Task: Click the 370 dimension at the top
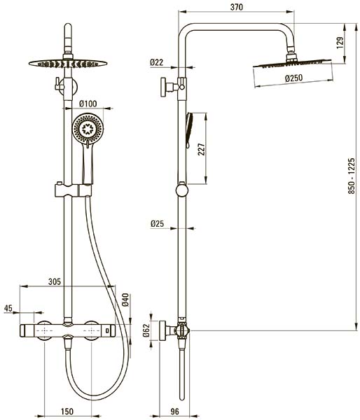(237, 7)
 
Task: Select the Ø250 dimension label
(293, 78)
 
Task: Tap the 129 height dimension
(340, 43)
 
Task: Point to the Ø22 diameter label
(157, 62)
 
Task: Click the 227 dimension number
(201, 150)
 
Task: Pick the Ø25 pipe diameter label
(157, 224)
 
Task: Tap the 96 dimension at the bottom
(174, 411)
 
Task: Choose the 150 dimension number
(67, 411)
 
